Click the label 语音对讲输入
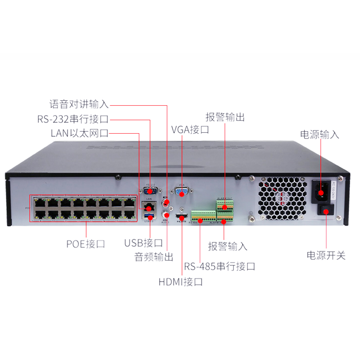click(79, 104)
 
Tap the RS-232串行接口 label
click(73, 119)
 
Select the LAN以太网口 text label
click(80, 134)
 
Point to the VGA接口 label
click(190, 130)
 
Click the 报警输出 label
click(225, 118)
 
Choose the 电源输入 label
click(319, 134)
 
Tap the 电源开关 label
click(326, 255)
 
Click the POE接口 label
click(85, 244)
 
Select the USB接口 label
click(144, 243)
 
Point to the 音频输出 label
click(154, 257)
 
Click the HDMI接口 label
click(181, 282)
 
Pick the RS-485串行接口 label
click(220, 266)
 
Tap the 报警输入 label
click(228, 246)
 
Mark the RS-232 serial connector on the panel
click(150, 191)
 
